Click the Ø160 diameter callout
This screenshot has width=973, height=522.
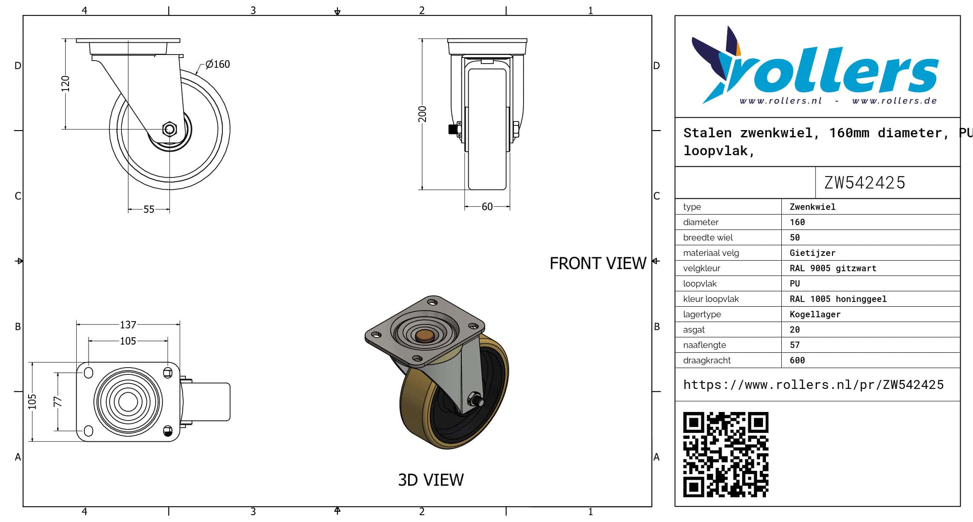[217, 64]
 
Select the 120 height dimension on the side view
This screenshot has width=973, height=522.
[65, 84]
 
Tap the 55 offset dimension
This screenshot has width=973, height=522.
[149, 209]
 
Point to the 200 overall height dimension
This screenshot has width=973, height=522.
[422, 114]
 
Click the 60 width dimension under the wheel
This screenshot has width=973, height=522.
[487, 207]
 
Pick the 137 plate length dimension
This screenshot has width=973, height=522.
[128, 325]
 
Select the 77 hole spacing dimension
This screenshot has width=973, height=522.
[58, 401]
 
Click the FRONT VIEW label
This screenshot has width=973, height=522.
[598, 264]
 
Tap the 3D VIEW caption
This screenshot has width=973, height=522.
[431, 480]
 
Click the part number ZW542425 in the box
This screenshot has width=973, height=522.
[865, 183]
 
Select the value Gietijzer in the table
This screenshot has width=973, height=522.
[812, 253]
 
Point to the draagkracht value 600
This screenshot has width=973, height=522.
[797, 360]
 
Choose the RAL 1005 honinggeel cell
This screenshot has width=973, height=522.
[838, 299]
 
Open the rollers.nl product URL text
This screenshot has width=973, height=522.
[813, 385]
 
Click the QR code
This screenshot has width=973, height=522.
[725, 454]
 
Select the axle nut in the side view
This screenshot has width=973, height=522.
[170, 129]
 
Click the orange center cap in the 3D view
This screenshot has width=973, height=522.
[425, 336]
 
